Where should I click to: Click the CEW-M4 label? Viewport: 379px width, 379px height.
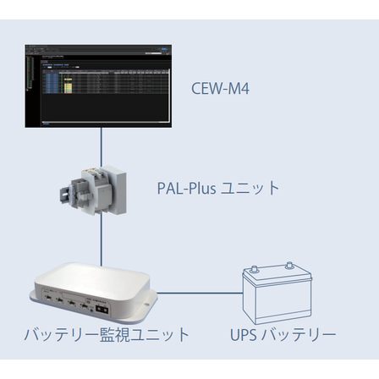(x=221, y=88)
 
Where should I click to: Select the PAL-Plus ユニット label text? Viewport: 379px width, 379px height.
(x=218, y=188)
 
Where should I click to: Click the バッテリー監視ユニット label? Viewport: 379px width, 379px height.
(x=107, y=334)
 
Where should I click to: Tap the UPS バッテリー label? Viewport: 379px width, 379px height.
(x=283, y=334)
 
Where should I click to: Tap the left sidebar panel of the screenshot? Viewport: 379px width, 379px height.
(x=31, y=85)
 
